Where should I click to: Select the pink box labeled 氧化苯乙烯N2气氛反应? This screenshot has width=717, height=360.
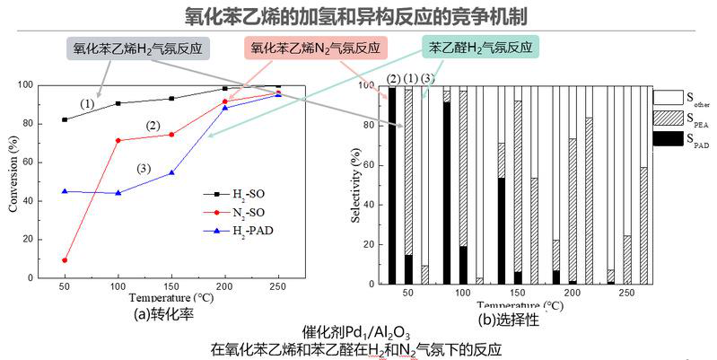(x=315, y=48)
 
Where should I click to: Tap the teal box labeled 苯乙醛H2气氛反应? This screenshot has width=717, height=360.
(x=479, y=47)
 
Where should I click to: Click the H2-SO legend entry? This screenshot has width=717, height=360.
(x=232, y=193)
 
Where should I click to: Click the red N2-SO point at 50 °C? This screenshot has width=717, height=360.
(x=65, y=260)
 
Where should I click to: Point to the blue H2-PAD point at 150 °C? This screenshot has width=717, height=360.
(x=171, y=172)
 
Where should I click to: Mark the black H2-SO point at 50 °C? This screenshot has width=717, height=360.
(x=65, y=119)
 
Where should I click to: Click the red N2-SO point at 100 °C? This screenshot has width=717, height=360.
(x=118, y=140)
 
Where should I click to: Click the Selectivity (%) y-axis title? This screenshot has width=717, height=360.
(x=356, y=184)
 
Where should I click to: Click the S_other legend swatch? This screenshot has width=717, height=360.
(x=665, y=94)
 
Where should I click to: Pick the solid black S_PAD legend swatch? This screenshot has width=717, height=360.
(x=665, y=139)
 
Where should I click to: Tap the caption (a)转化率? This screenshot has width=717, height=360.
(x=166, y=314)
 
